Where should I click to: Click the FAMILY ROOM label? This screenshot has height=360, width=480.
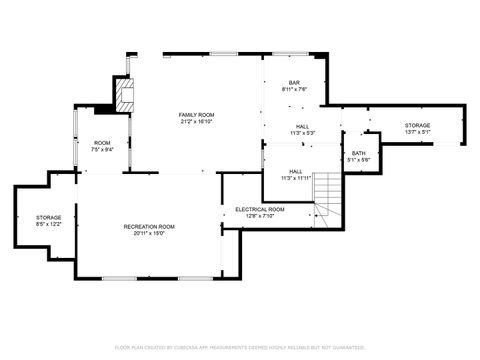(196, 115)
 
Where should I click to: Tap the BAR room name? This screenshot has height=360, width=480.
(295, 83)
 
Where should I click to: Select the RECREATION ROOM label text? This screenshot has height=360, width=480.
(149, 227)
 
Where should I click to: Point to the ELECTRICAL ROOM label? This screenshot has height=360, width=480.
(260, 209)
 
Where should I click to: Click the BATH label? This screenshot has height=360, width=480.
(358, 153)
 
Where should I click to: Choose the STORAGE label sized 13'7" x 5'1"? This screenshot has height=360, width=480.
(417, 125)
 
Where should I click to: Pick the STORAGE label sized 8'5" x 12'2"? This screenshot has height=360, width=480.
(49, 217)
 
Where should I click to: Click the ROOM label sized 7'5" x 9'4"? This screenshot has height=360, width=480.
(102, 143)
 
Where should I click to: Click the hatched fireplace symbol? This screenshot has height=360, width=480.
(125, 96)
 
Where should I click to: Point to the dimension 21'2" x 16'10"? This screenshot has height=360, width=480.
(196, 122)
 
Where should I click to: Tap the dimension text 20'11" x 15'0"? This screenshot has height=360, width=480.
(149, 234)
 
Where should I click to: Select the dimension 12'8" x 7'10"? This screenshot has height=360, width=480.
(260, 215)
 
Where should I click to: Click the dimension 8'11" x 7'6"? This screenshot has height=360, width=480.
(295, 89)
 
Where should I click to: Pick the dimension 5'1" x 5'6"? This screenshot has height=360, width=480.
(358, 160)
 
